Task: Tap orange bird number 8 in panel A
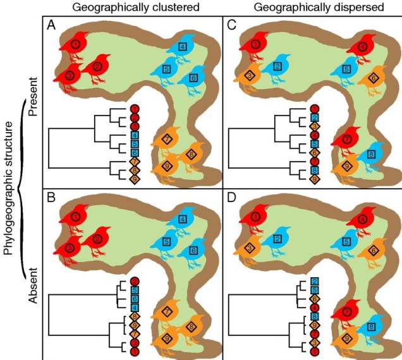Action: (x=190, y=154)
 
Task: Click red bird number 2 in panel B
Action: (x=96, y=239)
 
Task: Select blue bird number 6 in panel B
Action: (x=193, y=250)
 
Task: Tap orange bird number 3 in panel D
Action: (x=251, y=248)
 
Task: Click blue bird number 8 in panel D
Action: (x=370, y=327)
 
